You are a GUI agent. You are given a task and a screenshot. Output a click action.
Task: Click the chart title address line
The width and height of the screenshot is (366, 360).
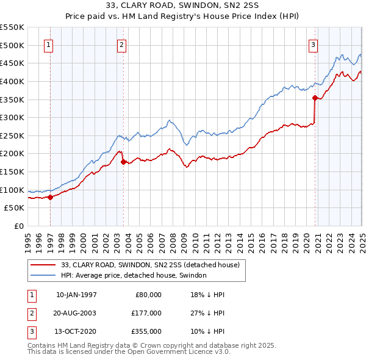click(182, 5)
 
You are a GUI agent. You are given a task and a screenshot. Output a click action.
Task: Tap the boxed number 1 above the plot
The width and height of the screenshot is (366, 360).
click(48, 44)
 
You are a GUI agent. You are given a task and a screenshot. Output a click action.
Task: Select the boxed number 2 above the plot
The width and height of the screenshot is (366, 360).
click(121, 44)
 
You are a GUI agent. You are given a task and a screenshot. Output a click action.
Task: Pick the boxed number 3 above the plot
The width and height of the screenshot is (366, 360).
click(313, 44)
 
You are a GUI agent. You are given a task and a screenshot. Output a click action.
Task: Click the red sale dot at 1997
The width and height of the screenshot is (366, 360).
click(51, 196)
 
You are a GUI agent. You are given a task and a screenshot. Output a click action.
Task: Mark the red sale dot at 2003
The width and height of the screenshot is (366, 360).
click(124, 162)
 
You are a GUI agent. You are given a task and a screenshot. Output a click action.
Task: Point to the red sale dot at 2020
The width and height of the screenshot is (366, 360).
click(315, 97)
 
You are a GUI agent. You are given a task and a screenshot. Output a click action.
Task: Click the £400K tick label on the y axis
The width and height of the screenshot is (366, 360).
click(12, 81)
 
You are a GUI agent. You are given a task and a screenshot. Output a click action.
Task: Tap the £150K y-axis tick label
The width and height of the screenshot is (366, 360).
click(12, 171)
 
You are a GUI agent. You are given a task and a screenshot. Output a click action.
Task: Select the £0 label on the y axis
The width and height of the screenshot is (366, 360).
click(18, 226)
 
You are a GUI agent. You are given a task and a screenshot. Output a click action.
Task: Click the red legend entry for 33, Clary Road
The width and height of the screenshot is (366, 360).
click(150, 265)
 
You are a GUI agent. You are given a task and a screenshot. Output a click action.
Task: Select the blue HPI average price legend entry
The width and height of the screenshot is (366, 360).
click(134, 276)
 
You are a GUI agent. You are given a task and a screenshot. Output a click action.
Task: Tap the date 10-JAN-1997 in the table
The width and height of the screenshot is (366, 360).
click(76, 295)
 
